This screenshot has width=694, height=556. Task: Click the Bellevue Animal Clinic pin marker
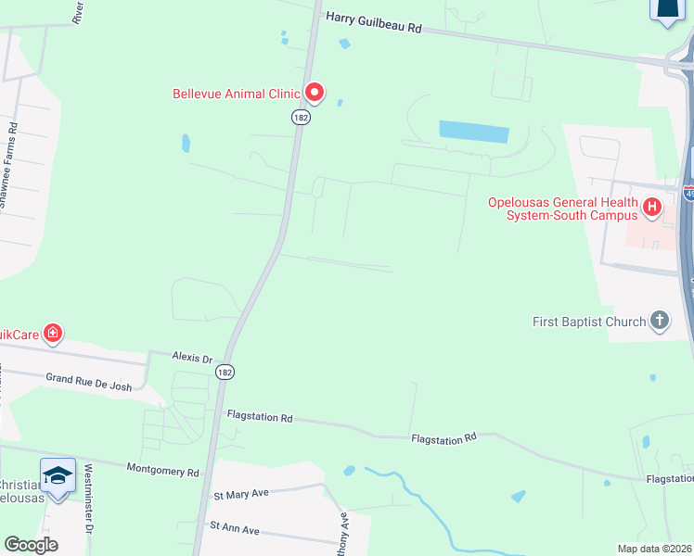point(315,92)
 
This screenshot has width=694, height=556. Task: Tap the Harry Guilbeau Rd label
point(373,23)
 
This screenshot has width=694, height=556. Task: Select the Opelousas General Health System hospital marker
point(651,208)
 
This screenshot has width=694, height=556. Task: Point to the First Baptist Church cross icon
point(659,322)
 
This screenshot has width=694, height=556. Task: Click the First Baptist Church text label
point(589,322)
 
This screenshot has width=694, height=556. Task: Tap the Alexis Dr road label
point(192,357)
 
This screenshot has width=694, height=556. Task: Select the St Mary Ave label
point(241,494)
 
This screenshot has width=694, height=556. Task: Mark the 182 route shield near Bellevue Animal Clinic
point(299,117)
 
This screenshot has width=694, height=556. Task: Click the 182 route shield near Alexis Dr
point(224,372)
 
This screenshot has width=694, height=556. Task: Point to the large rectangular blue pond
point(474,132)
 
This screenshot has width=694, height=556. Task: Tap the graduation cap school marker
point(58,475)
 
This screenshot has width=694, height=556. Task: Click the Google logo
point(31,545)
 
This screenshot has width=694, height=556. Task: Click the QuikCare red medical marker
point(53,332)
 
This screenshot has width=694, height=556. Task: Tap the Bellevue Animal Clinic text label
point(237,94)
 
